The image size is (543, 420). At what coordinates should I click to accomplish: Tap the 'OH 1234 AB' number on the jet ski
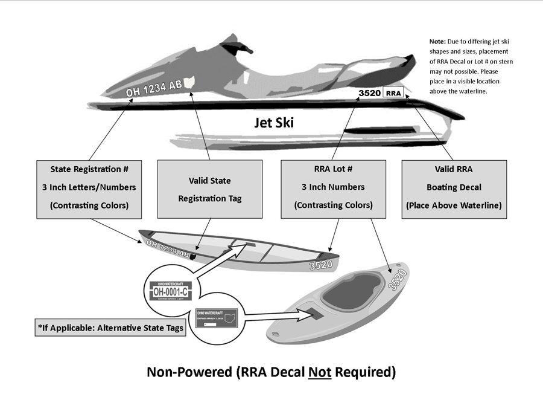(x=153, y=88)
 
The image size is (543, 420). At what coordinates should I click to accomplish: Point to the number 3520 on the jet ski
(x=369, y=93)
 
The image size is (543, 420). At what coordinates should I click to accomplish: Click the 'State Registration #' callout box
(x=89, y=187)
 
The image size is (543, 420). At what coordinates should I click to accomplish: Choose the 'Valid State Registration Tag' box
(x=209, y=189)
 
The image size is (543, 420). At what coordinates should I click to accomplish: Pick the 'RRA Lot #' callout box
(x=333, y=187)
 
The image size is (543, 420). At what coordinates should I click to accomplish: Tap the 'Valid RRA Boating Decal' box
(x=454, y=187)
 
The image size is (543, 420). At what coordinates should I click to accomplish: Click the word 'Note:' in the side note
(x=437, y=42)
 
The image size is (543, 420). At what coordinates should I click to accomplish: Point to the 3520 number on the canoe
(x=320, y=265)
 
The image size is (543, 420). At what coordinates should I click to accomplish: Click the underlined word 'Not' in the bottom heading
(x=320, y=372)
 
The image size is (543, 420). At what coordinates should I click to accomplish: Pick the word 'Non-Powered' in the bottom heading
(x=186, y=372)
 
